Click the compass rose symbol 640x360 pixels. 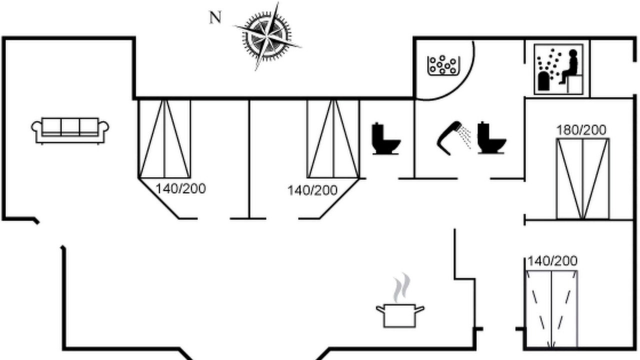(267, 36)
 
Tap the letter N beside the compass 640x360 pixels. (215, 17)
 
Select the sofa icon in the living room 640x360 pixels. (70, 130)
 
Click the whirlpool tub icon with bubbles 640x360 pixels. (443, 65)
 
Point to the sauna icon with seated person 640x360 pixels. (558, 69)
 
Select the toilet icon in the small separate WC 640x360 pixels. (385, 138)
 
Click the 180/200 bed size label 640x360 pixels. (581, 130)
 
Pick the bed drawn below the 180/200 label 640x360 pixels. (583, 179)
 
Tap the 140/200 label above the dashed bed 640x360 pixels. (552, 261)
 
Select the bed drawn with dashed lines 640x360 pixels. (551, 309)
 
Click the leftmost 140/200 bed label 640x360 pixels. (180, 189)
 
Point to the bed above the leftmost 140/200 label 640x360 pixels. (164, 139)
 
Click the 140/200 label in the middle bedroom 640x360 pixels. (312, 190)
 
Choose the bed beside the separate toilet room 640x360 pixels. (333, 139)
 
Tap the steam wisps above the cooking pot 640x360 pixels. (401, 287)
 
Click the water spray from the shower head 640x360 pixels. (464, 136)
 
